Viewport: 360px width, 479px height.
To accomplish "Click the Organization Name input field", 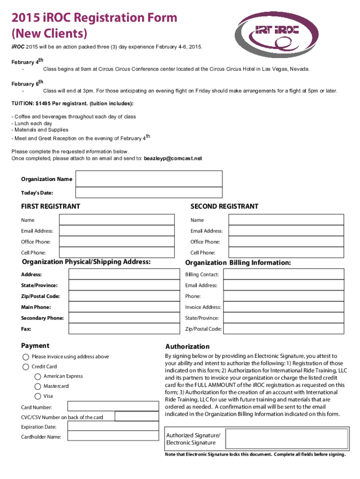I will click(x=149, y=179).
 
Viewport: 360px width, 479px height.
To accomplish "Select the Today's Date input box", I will click(x=149, y=193).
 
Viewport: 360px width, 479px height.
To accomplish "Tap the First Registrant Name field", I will click(x=116, y=220).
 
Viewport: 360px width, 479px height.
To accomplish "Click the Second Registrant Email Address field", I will click(x=286, y=231).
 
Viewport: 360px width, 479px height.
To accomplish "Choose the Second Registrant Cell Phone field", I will click(x=286, y=253).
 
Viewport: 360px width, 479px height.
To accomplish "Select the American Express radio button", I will click(x=37, y=377).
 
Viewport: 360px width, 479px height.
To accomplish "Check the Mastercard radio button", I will click(x=37, y=386).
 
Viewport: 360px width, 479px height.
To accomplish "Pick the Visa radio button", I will click(x=37, y=396).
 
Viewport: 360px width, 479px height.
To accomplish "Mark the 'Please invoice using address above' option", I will click(x=25, y=356).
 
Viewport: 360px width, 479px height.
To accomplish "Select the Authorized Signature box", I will click(x=288, y=439).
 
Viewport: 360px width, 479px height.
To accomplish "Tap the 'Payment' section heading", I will click(x=35, y=346).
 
